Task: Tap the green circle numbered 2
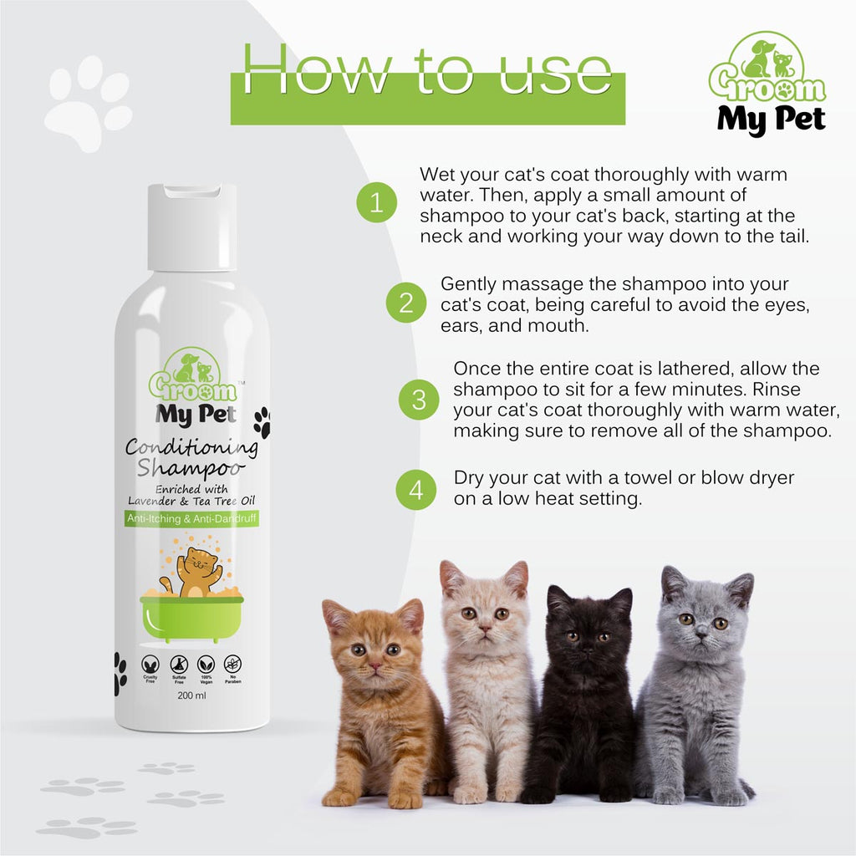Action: (407, 302)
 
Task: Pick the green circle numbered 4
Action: (415, 489)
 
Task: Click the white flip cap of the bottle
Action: (192, 227)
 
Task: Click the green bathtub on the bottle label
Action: (192, 617)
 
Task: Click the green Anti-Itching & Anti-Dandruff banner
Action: (191, 519)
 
